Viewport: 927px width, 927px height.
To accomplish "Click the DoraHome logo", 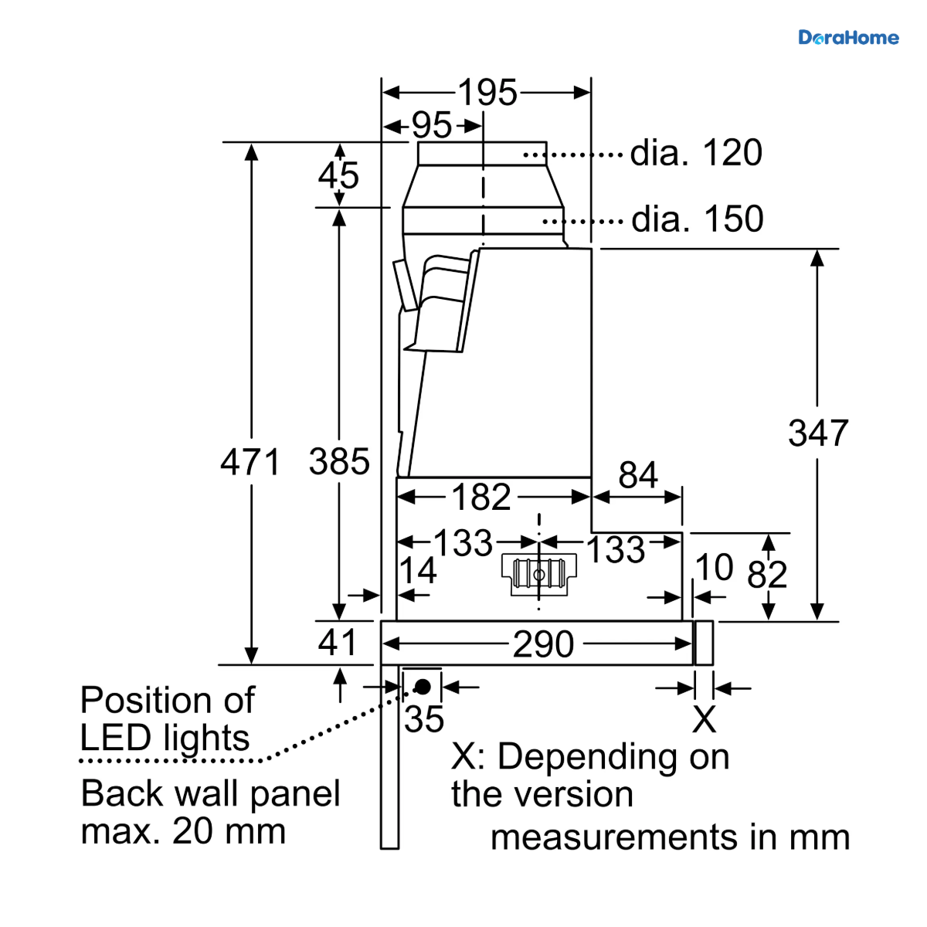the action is click(x=848, y=38).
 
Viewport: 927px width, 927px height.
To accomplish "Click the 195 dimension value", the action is click(x=487, y=92).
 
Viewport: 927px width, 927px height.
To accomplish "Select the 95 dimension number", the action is click(x=432, y=125).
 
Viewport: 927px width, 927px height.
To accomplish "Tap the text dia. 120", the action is click(x=696, y=152).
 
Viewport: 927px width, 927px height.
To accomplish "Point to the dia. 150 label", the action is click(x=697, y=219).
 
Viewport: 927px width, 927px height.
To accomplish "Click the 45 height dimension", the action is click(x=338, y=175).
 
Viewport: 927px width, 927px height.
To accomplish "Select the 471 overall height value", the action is click(x=250, y=462).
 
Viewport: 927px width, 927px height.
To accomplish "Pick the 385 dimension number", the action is click(x=339, y=462).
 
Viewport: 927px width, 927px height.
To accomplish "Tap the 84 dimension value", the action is click(x=638, y=475).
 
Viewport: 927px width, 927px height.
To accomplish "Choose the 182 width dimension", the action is click(x=481, y=497).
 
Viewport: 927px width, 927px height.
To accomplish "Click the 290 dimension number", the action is click(x=543, y=643).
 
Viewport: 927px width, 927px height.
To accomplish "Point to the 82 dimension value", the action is click(x=767, y=574).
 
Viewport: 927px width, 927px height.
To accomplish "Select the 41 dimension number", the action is click(x=338, y=642).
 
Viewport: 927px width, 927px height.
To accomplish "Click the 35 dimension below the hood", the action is click(x=424, y=719).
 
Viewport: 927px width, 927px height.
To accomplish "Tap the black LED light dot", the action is click(x=423, y=687).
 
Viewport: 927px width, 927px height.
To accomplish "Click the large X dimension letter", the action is click(x=704, y=719).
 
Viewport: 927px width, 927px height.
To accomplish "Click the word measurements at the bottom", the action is click(x=613, y=837).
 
